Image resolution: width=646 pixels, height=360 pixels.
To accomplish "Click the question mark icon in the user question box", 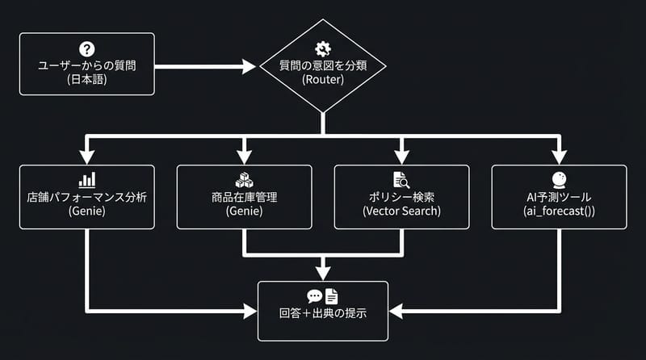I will pyautogui.click(x=86, y=48).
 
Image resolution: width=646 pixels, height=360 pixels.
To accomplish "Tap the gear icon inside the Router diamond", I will pyautogui.click(x=322, y=48).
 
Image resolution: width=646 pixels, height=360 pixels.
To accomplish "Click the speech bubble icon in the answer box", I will pyautogui.click(x=314, y=296).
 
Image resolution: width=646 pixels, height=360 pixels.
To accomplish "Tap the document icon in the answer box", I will pyautogui.click(x=332, y=296).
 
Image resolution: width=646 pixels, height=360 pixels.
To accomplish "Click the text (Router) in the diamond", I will pyautogui.click(x=322, y=81).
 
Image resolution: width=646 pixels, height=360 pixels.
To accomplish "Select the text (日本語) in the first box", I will pyautogui.click(x=86, y=81).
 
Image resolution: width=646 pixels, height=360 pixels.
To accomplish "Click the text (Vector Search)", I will pyautogui.click(x=401, y=211).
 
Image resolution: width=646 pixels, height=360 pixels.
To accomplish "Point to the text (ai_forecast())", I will pyautogui.click(x=558, y=211).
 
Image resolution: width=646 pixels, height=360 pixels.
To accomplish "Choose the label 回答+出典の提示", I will pyautogui.click(x=322, y=313).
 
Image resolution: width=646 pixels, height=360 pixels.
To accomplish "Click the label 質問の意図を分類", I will pyautogui.click(x=322, y=65).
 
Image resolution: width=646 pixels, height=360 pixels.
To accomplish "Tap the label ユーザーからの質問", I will pyautogui.click(x=86, y=65).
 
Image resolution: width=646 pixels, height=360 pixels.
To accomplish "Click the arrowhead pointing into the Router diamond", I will pyautogui.click(x=249, y=65).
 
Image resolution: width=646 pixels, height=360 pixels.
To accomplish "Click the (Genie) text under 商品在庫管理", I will pyautogui.click(x=244, y=211).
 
